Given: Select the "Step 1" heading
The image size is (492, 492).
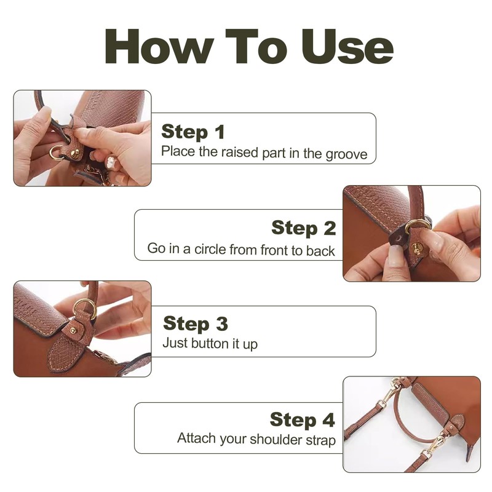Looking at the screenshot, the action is coord(193,132).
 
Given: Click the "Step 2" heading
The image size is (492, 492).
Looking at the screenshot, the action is coord(304,228).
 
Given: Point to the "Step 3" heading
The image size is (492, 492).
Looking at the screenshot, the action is coord(196,323).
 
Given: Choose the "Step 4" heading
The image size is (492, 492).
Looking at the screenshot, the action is coord(303,419).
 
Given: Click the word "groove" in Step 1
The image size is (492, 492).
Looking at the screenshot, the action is coord(346,154).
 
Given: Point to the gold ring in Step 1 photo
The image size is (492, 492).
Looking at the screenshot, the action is coord(57,152).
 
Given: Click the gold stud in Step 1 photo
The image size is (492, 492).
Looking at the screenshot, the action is coord(74,153).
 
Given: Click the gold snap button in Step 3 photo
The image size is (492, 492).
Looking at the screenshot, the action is coord(73,330).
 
